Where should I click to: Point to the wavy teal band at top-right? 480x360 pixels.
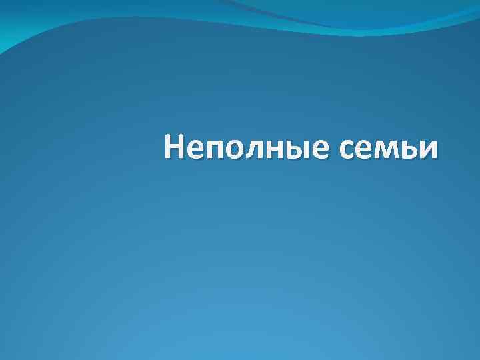[x=400, y=17]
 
